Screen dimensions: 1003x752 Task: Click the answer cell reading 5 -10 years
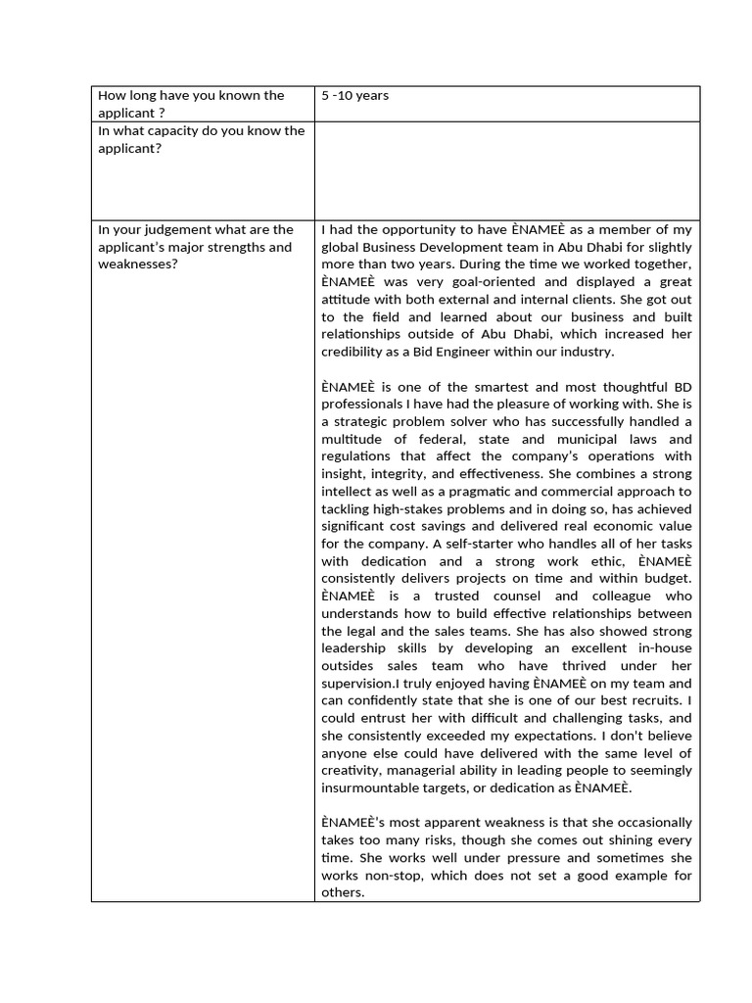[x=354, y=96]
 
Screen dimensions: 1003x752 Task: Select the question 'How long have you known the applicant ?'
[x=191, y=104]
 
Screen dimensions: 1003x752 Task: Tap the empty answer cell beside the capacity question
[x=506, y=169]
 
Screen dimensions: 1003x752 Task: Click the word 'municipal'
[x=606, y=440]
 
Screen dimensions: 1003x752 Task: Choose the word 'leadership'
[x=354, y=648]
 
